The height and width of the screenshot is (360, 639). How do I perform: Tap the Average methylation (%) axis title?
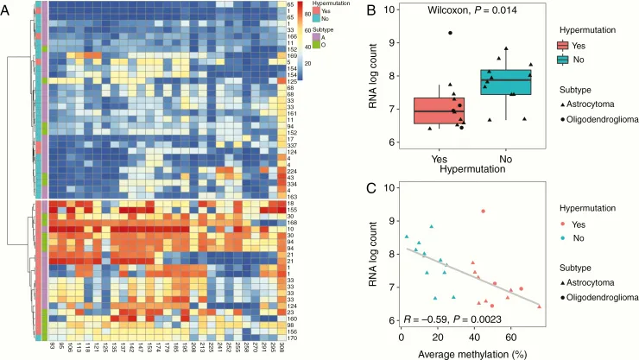[470, 351]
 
